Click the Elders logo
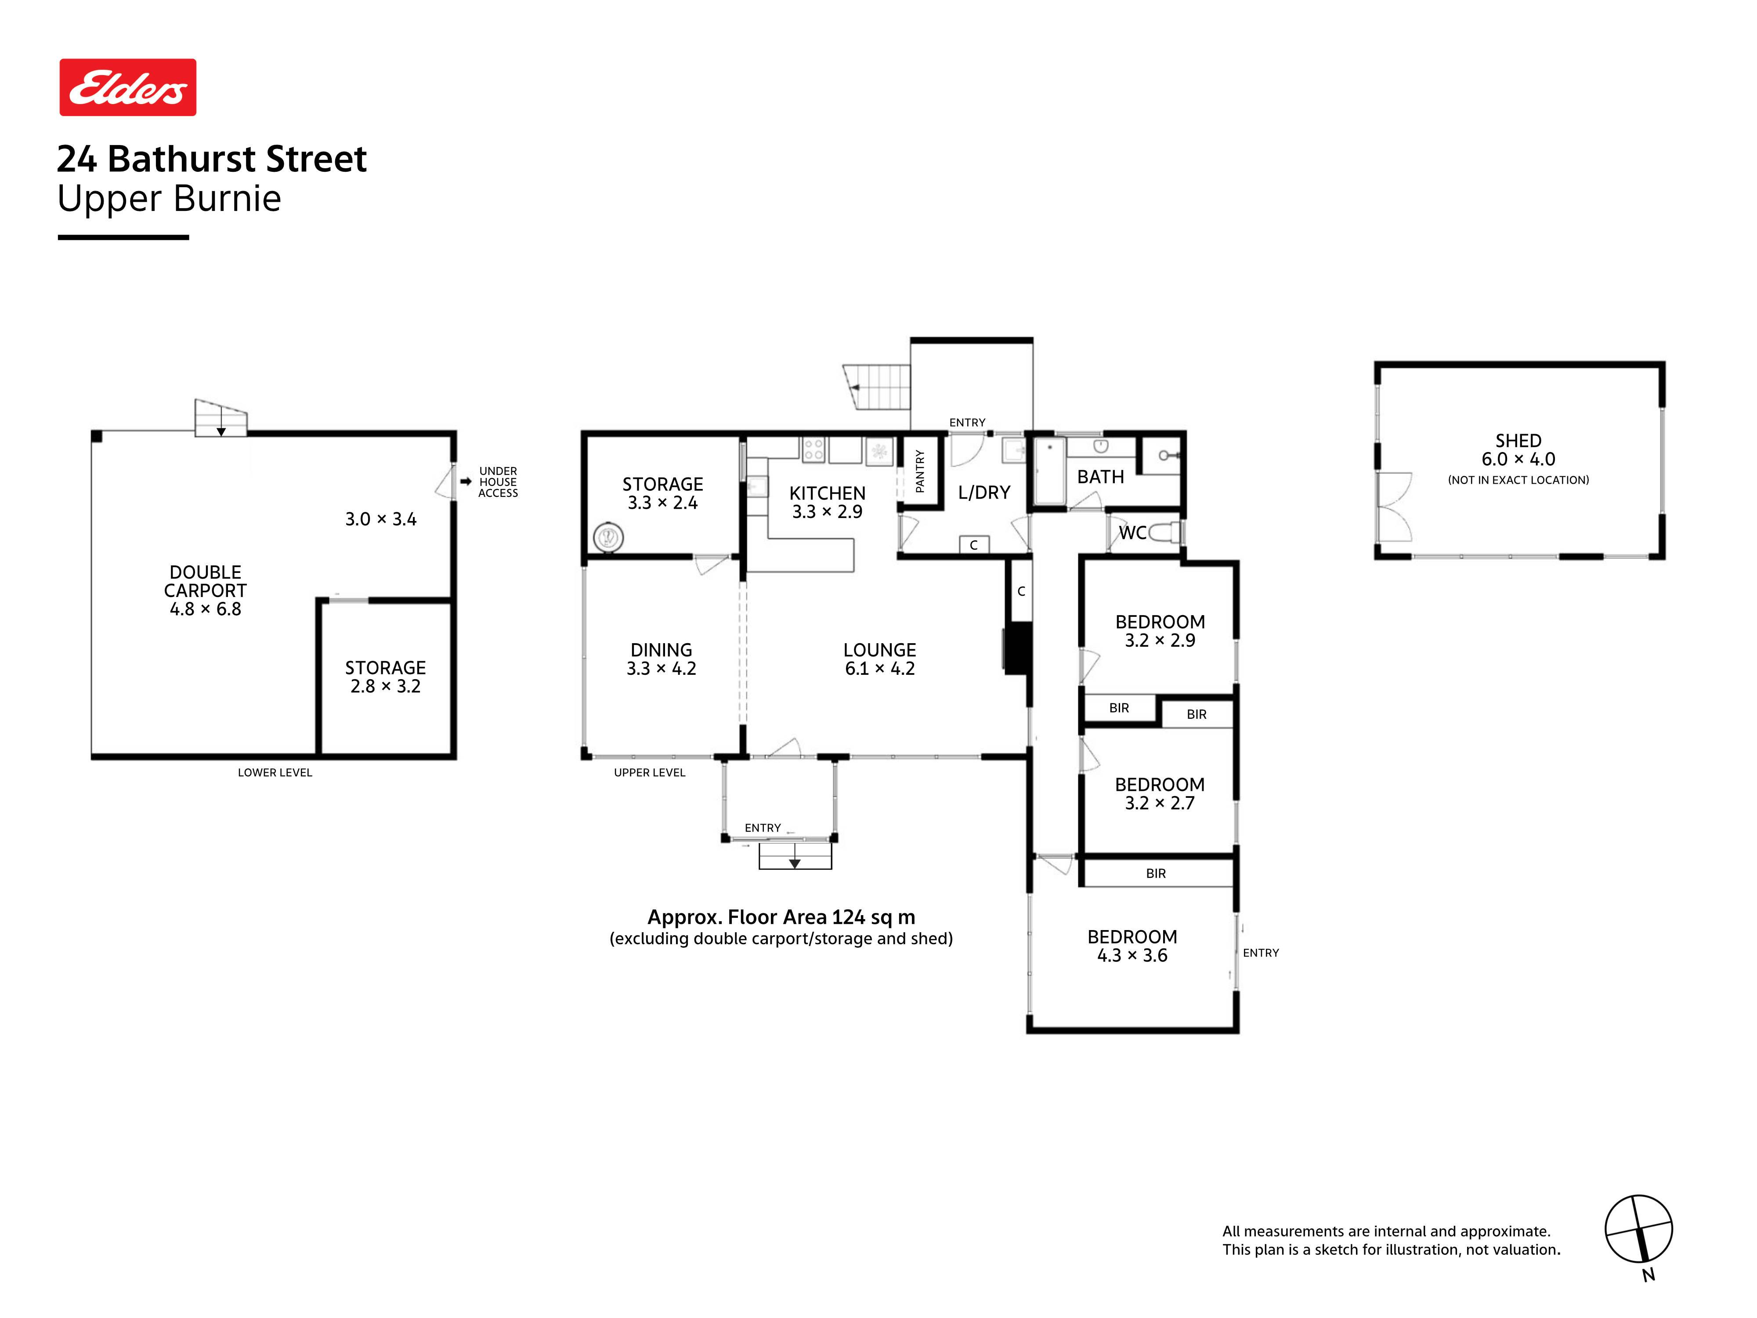[128, 87]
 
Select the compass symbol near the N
[1639, 1228]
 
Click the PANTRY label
[920, 471]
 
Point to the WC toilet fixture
[1164, 532]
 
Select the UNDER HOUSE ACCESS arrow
[466, 482]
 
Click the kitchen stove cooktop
[813, 450]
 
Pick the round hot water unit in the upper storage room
[608, 537]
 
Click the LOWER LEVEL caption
[275, 772]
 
